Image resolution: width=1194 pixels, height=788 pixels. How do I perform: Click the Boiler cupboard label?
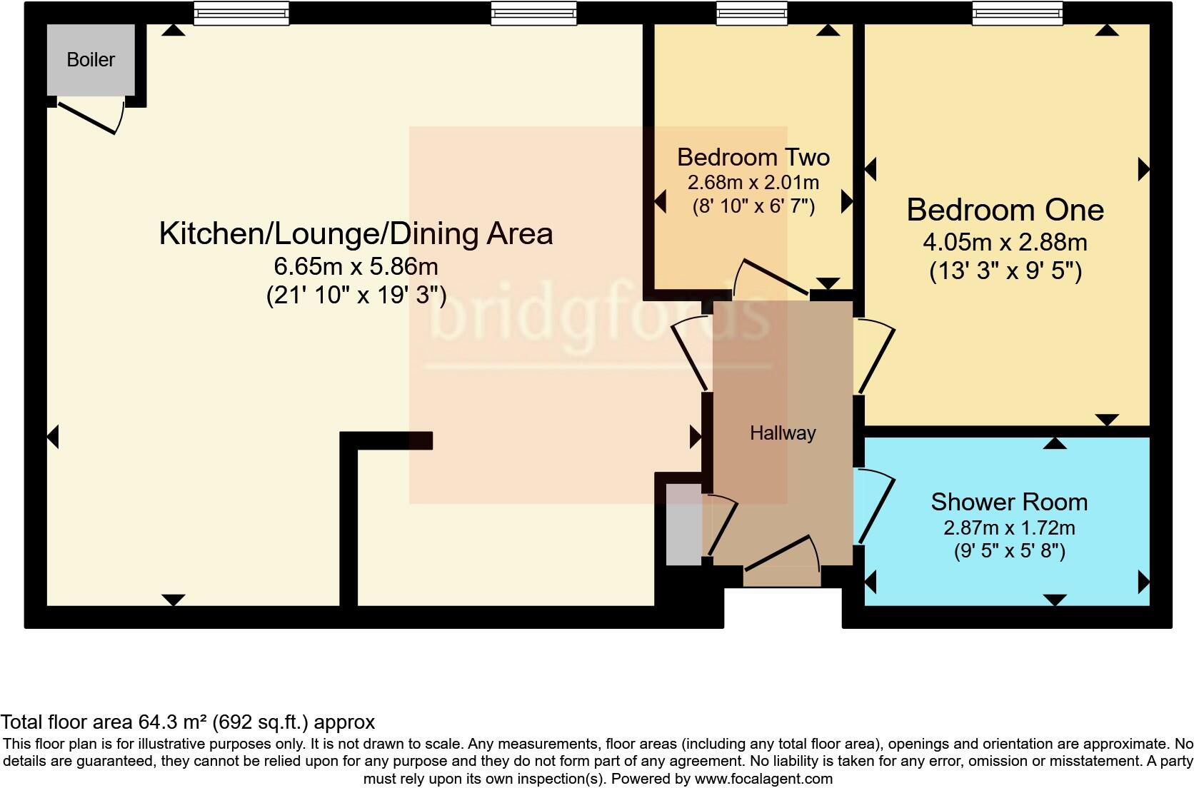pos(91,59)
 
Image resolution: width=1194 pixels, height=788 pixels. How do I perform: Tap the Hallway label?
pos(783,433)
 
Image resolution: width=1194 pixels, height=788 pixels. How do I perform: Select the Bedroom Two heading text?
pos(753,157)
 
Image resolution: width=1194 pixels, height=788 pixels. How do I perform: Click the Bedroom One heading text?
pos(1005,210)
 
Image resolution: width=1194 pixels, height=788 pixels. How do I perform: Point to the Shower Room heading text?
pos(1009,502)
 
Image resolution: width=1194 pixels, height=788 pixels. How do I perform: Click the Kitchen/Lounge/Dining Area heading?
pos(356,233)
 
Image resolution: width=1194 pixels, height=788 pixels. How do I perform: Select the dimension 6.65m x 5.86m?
pos(356,266)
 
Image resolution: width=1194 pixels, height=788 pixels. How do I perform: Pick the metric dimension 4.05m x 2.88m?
pos(1005,242)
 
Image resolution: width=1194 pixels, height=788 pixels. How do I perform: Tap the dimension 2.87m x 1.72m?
pos(1009,527)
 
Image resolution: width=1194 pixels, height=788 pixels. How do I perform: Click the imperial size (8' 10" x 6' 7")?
pos(753,206)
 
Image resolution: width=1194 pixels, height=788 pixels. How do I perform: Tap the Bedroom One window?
pos(1017,12)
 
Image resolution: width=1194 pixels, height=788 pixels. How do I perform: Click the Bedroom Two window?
pos(752,12)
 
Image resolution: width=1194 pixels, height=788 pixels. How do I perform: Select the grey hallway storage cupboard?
pos(683,525)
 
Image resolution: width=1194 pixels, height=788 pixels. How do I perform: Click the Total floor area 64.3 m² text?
pos(187,722)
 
